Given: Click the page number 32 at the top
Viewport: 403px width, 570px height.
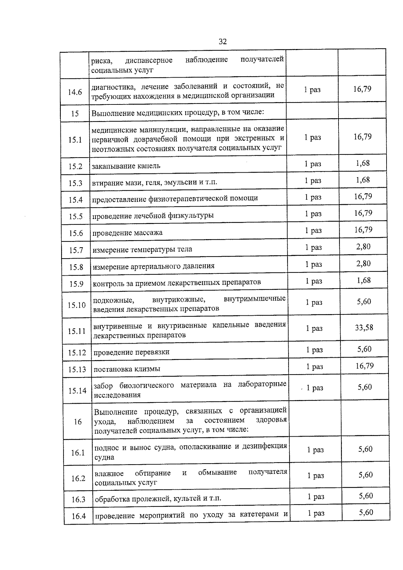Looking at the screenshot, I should coord(222,41).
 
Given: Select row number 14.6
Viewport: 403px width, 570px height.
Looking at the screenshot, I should coord(75,92).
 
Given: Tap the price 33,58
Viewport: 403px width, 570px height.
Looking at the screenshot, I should coord(364,328).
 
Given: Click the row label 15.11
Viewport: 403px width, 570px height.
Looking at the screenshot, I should coord(77,331).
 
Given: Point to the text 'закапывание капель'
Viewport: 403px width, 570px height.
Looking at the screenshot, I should coord(126,166).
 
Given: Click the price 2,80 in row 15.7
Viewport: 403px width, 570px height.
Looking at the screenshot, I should coord(363,247).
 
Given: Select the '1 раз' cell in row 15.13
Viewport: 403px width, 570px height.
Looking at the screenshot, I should coord(314,366).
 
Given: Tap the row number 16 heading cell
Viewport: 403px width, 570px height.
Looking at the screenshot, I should coord(78,422).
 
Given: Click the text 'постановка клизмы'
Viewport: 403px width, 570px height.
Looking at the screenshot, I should coord(127,369).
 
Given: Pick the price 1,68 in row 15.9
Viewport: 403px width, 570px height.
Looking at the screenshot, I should coord(364,280).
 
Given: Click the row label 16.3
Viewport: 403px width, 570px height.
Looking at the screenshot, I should coord(78,499).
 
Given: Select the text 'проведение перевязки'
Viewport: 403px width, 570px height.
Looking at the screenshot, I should coord(131,352).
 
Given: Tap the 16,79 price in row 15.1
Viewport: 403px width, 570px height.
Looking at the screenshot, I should coord(362,137).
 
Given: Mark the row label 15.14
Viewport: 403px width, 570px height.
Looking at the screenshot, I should coord(77,391).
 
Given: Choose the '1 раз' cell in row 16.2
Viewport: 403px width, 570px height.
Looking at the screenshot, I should coord(316,476).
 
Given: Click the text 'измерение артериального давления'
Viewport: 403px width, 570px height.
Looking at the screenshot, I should coord(153,266).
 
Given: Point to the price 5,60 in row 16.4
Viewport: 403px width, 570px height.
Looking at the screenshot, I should coord(366,513).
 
